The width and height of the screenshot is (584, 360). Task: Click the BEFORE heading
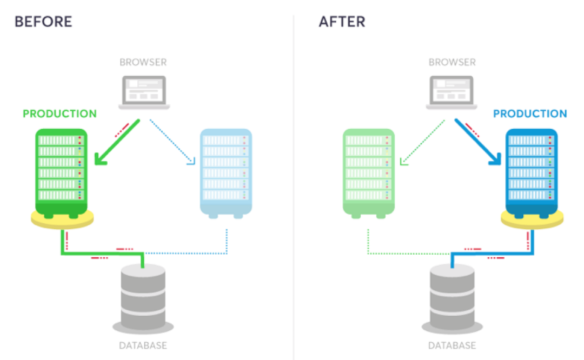click(43, 22)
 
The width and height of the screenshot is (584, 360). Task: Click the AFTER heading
click(342, 22)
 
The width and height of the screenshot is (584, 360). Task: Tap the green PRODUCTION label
click(59, 114)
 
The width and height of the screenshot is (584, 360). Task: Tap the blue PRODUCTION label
click(530, 114)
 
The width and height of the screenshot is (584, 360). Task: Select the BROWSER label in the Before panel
click(143, 62)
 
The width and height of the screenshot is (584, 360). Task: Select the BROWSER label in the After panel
click(452, 62)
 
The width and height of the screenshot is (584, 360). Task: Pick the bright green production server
click(61, 173)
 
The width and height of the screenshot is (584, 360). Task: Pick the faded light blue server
click(225, 173)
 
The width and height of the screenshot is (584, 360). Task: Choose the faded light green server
click(369, 173)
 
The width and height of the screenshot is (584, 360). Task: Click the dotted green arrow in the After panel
click(422, 142)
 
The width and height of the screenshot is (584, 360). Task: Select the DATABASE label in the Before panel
click(143, 345)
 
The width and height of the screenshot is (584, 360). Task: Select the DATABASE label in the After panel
click(452, 345)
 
